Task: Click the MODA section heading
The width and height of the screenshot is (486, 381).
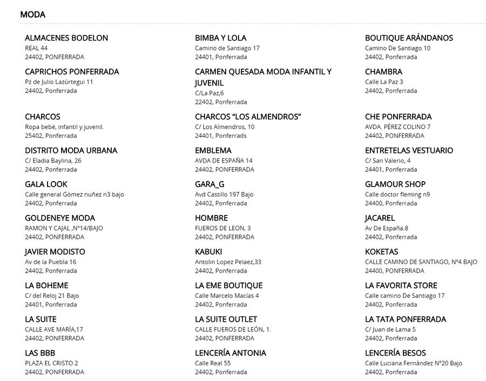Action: (x=32, y=15)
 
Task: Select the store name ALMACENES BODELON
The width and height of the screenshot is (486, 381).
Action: (x=66, y=38)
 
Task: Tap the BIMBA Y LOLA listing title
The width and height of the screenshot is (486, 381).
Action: (x=220, y=38)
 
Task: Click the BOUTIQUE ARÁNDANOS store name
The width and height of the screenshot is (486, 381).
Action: (x=409, y=38)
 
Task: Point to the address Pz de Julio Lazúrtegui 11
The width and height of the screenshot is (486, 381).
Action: (x=59, y=82)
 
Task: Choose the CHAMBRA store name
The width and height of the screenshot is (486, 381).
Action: (x=383, y=72)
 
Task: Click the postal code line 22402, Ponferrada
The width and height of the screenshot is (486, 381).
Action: (x=221, y=102)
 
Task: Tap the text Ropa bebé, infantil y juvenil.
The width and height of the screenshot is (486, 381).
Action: (x=64, y=127)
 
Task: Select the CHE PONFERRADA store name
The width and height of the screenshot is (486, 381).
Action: (x=398, y=117)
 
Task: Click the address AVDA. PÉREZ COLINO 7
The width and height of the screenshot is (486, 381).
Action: (x=397, y=127)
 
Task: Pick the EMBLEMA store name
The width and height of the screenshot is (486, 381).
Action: (x=213, y=150)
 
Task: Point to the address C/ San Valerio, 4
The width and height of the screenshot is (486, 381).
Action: (x=388, y=161)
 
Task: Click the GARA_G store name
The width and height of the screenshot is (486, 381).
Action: (x=210, y=184)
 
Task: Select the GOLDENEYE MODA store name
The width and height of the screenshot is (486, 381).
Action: (x=60, y=218)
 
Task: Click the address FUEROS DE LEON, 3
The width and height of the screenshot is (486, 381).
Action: (x=222, y=228)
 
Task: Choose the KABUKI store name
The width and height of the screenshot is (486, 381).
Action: (x=208, y=252)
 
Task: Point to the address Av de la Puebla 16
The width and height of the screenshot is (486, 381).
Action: (x=51, y=262)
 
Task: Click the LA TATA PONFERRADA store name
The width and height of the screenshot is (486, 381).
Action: (x=406, y=320)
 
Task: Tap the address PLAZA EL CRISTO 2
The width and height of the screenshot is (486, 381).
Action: (x=51, y=363)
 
